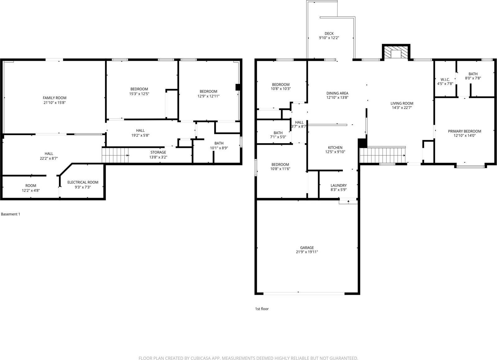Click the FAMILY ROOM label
[54, 98]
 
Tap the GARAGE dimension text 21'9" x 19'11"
[307, 252]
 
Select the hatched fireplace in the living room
[396, 52]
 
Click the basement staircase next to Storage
[115, 155]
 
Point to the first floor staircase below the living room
[383, 155]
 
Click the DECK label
[329, 34]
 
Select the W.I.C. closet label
[445, 80]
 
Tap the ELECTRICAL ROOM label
[83, 182]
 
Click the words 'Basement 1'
[11, 214]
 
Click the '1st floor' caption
[262, 309]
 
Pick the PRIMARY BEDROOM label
[464, 131]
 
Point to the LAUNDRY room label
[338, 185]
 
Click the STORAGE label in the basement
[158, 152]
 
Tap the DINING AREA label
[337, 93]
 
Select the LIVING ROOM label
[402, 103]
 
